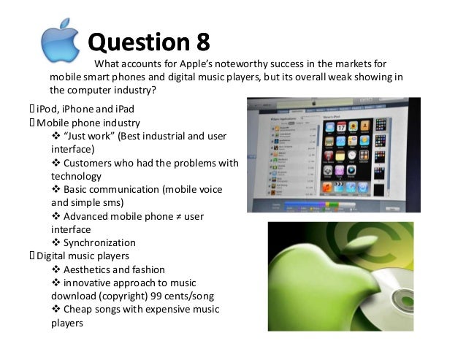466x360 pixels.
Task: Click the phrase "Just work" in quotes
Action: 92,136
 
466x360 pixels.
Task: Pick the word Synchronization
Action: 99,242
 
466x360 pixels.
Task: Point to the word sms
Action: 114,202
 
